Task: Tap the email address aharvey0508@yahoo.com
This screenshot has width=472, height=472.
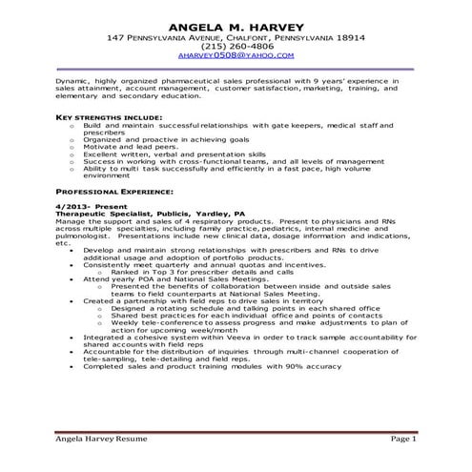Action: point(236,56)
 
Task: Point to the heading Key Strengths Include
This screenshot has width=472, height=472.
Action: point(100,117)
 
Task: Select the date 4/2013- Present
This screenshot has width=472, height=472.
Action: point(87,207)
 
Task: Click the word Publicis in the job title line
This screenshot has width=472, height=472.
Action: point(173,215)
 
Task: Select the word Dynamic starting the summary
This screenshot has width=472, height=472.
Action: point(70,82)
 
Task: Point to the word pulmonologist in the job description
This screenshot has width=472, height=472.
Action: point(83,236)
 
